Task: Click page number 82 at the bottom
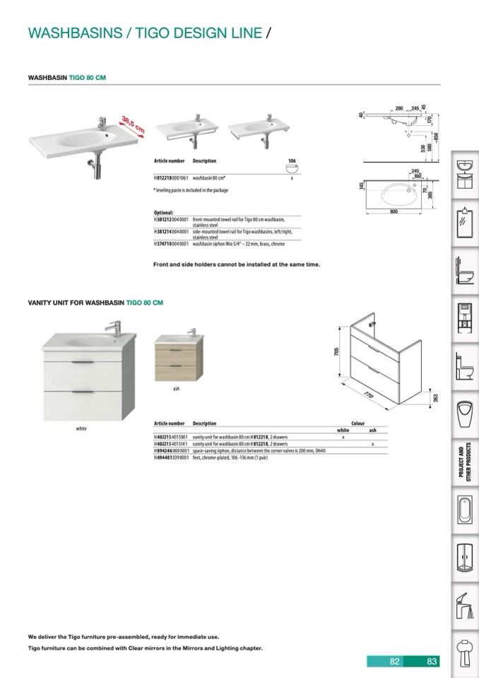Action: point(395,662)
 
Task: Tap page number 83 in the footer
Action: point(432,662)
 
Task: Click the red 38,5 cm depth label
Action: point(133,124)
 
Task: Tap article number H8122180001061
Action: point(171,180)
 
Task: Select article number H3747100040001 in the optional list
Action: point(171,244)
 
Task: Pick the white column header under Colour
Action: point(343,430)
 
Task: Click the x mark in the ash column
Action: point(372,443)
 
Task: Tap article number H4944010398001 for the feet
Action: point(171,457)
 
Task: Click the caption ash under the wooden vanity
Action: point(177,389)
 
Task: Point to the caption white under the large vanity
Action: point(81,428)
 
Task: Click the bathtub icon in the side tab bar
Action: point(464,510)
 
